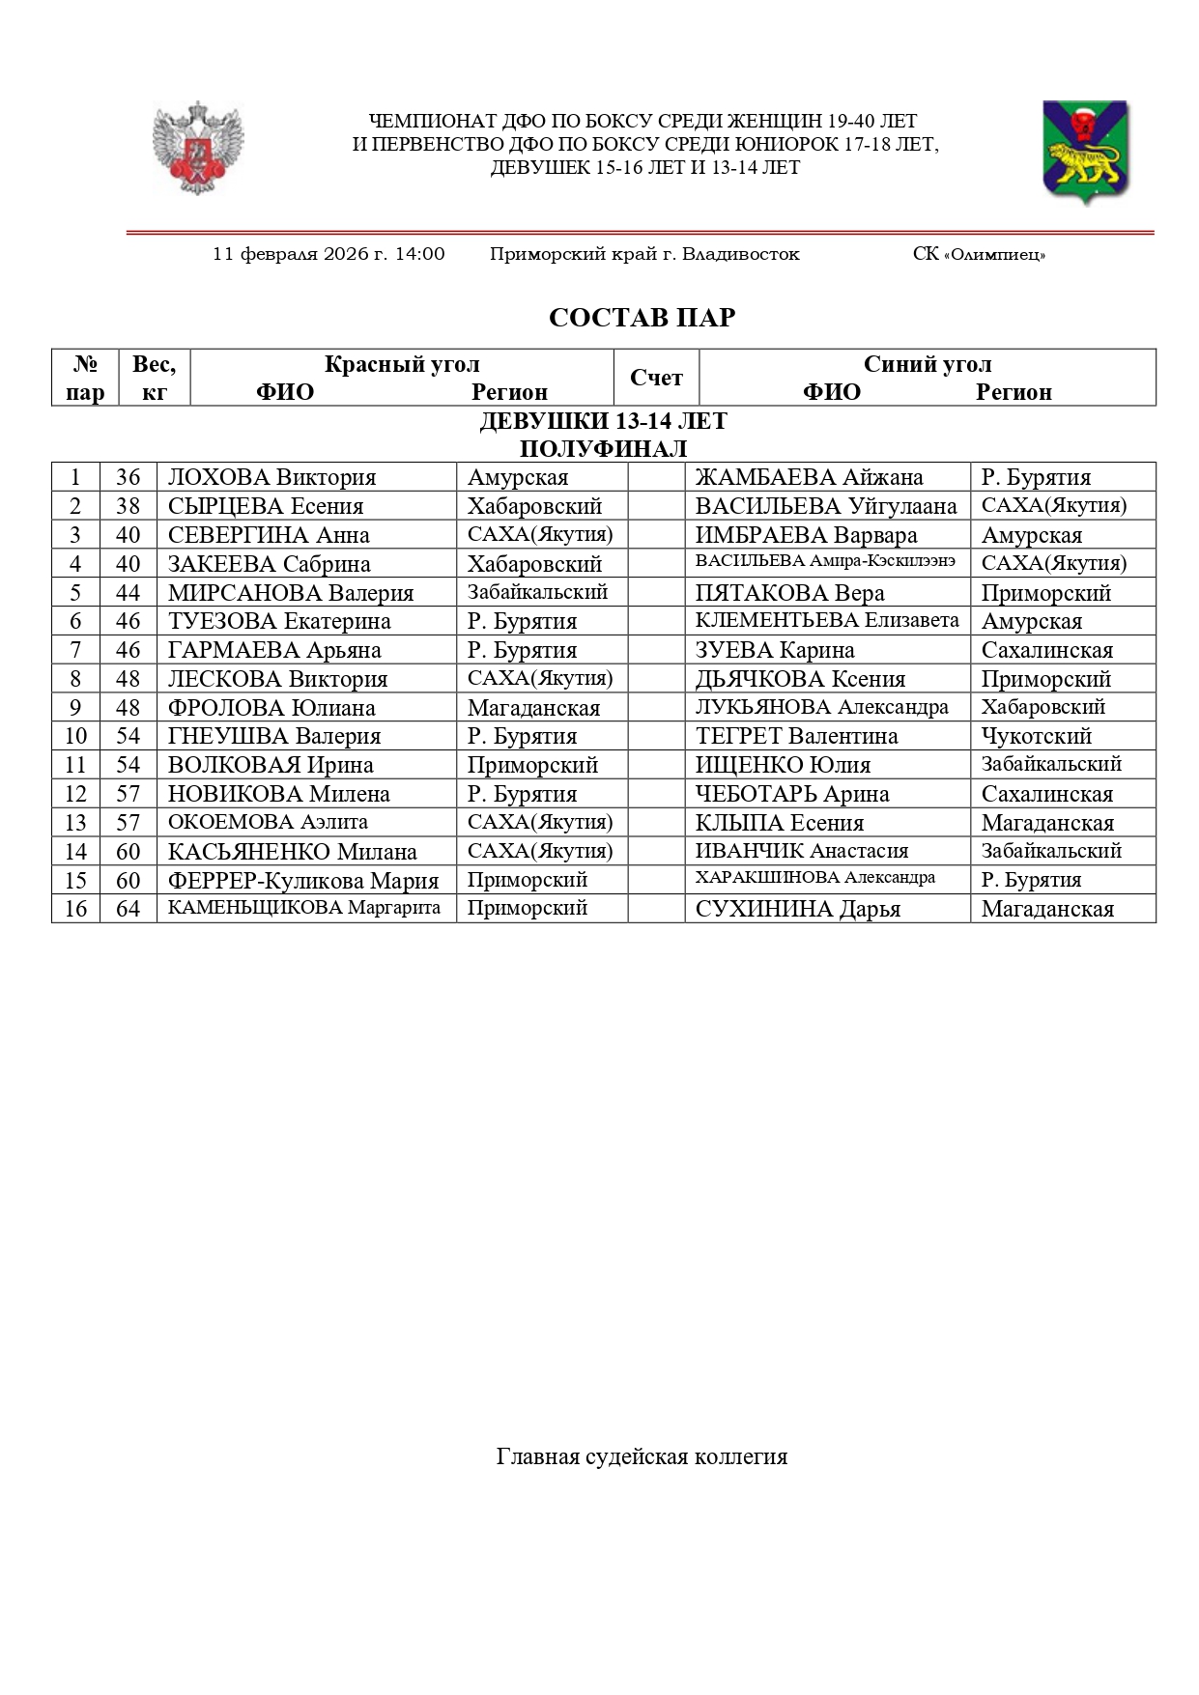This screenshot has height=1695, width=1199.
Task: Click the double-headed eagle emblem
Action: point(198,148)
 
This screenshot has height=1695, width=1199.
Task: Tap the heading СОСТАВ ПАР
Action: point(642,318)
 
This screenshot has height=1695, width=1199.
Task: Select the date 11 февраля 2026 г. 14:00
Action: point(328,254)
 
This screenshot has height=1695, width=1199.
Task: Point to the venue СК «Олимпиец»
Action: point(979,255)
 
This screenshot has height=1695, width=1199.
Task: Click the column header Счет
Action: point(656,378)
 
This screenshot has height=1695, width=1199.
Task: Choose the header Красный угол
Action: point(402,364)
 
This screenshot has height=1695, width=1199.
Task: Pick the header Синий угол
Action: point(927,364)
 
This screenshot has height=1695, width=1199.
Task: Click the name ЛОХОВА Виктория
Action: point(271,477)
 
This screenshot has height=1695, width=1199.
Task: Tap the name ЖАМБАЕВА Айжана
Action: point(809,477)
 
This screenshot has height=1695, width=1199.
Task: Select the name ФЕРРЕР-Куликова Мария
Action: point(302,880)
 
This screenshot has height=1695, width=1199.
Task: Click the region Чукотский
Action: point(1036,736)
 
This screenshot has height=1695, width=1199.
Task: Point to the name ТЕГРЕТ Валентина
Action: point(796,736)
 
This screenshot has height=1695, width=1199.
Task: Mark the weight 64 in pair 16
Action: point(128,909)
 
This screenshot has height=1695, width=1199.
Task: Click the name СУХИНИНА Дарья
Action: point(797,909)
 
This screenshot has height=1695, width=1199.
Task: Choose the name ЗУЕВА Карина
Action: point(774,650)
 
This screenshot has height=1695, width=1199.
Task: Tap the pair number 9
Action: point(75,707)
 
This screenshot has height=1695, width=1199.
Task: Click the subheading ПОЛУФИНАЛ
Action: point(603,448)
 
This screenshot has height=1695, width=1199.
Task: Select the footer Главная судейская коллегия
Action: point(642,1456)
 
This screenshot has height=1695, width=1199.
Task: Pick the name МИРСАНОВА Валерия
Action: point(290,592)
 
